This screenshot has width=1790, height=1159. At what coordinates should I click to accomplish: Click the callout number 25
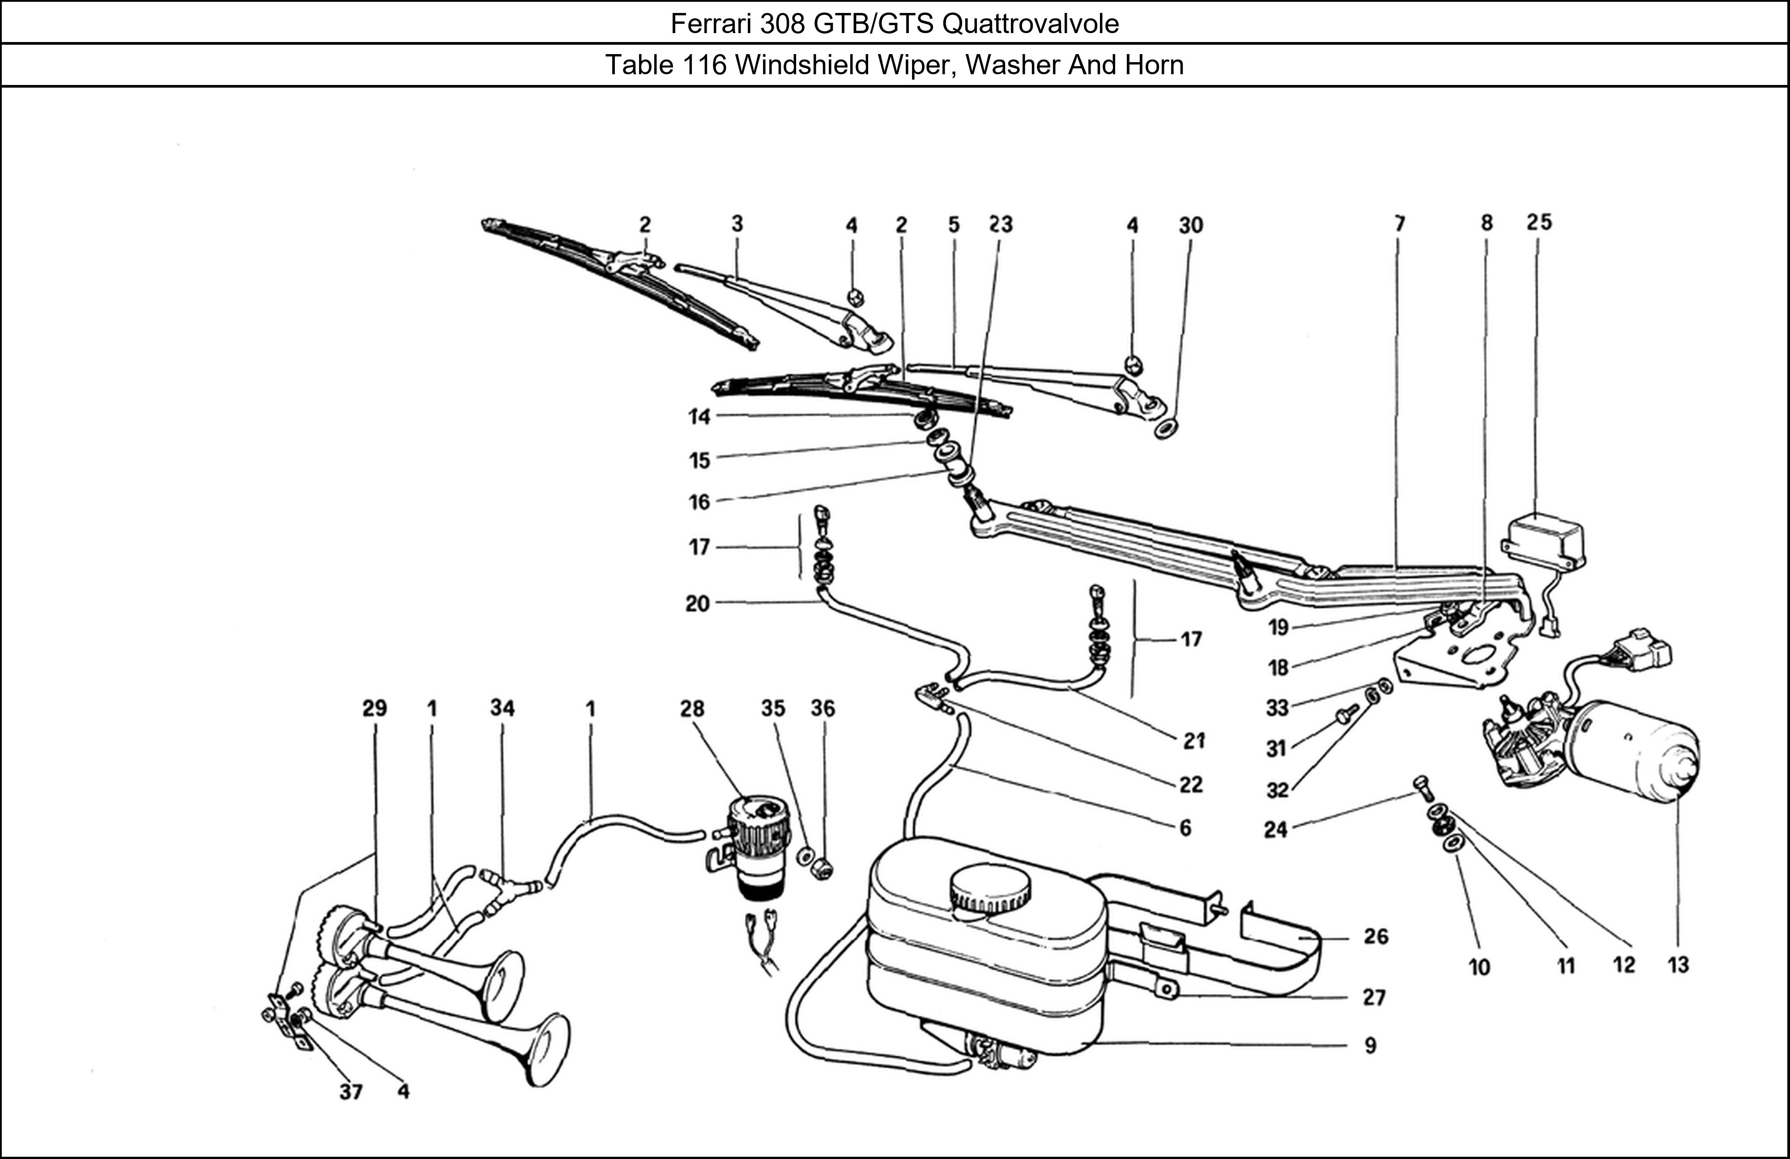(1539, 223)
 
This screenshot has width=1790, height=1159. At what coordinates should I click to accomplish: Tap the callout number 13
(1679, 965)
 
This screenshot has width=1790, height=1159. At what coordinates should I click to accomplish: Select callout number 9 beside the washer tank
(1370, 1045)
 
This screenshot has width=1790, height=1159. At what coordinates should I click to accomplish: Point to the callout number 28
(692, 709)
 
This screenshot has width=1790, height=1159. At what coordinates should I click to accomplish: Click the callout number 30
(1191, 225)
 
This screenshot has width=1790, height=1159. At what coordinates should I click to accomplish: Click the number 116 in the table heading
(705, 65)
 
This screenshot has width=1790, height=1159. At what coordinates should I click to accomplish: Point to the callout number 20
(697, 604)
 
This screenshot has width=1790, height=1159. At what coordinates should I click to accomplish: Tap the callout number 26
(1376, 936)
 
